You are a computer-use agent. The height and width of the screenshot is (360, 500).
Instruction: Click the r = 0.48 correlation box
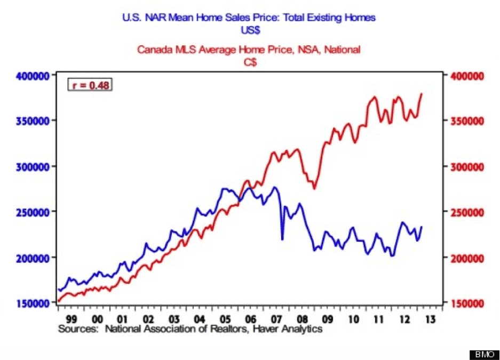90,85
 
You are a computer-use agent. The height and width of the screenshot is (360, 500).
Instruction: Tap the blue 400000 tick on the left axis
33,76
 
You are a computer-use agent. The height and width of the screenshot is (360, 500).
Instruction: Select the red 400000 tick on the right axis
467,76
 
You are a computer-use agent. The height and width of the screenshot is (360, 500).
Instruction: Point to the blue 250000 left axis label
33,212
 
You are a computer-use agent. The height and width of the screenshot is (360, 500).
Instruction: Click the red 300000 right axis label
467,166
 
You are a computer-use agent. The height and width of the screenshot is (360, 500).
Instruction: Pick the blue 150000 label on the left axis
33,303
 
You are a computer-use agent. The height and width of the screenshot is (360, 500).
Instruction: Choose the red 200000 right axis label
467,258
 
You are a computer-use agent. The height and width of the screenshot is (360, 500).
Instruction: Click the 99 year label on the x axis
72,319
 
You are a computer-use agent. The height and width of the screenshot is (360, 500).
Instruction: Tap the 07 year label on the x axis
276,319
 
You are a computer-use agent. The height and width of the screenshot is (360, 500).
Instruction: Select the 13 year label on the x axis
430,319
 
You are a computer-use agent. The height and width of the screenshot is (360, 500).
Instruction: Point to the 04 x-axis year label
200,319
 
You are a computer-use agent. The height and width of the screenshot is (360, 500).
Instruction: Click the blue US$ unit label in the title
250,30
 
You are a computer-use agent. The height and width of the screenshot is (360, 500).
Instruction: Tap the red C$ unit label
250,62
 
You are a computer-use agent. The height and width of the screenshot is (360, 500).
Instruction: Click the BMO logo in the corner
484,354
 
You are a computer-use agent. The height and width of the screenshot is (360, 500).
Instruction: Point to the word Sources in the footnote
78,329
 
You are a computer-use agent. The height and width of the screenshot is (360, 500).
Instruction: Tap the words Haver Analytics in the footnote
288,329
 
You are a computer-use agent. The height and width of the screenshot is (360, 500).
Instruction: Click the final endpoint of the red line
422,94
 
